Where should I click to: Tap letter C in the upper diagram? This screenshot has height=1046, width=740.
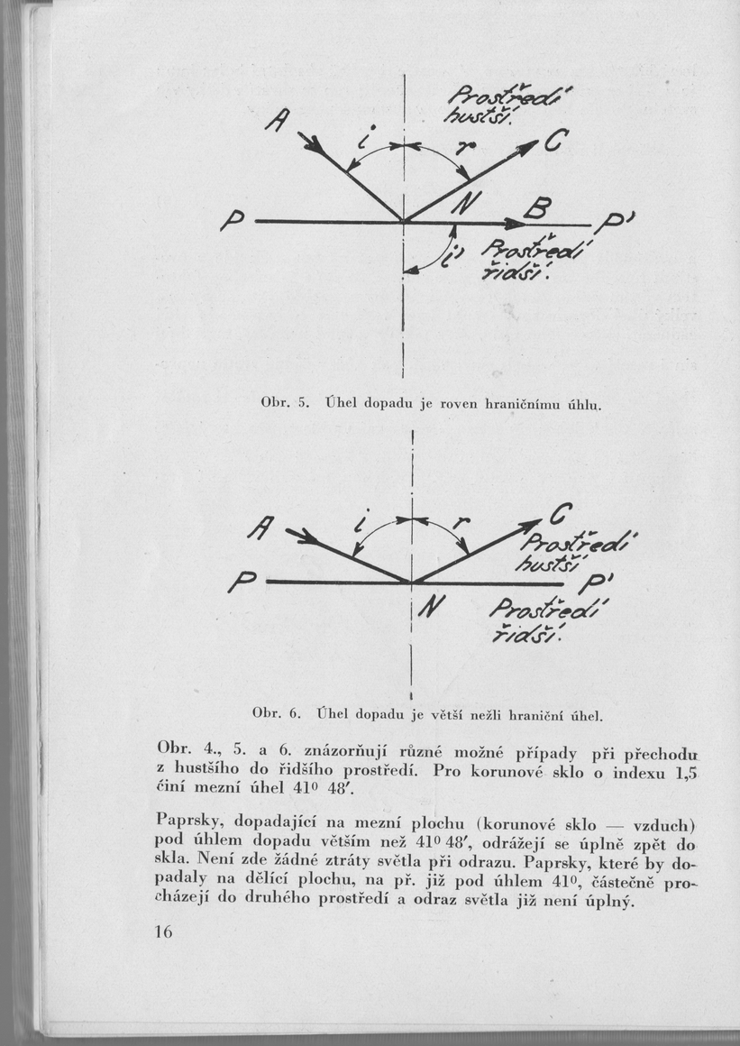tap(556, 140)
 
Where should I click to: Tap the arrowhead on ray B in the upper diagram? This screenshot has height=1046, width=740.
tap(515, 222)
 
